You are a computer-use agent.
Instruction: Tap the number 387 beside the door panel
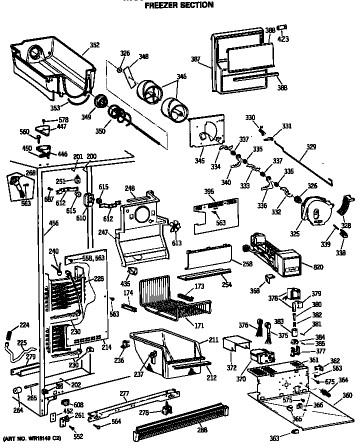click(x=196, y=59)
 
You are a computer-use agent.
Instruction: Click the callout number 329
click(x=311, y=147)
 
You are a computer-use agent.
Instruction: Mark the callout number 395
click(x=209, y=192)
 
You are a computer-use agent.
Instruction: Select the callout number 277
click(x=124, y=394)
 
